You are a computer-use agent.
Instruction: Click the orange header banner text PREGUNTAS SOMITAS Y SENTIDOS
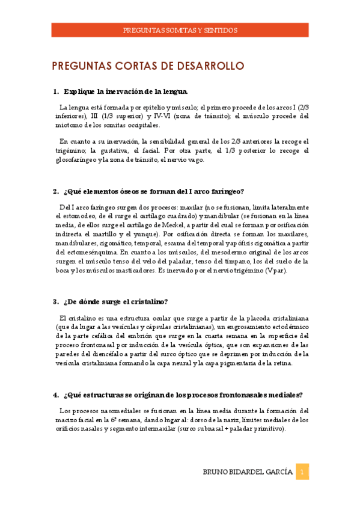180,29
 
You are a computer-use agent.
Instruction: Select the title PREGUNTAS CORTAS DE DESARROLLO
147,65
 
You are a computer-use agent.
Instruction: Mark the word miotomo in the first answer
66,125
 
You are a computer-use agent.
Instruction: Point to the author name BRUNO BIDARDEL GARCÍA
248,473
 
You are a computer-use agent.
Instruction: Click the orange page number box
303,472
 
